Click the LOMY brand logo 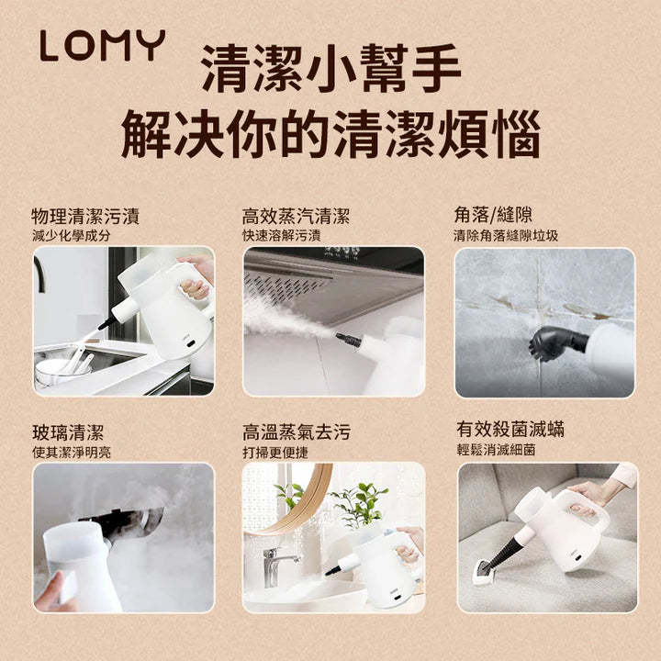click(102, 47)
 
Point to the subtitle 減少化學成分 click(71, 236)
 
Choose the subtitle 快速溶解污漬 click(281, 236)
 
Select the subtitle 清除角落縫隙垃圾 click(506, 236)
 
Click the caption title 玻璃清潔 click(68, 432)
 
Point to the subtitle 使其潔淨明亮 click(71, 453)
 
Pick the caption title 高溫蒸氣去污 click(296, 432)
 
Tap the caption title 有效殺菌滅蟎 click(510, 429)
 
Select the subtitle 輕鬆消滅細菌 click(495, 451)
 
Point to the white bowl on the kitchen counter click(54, 371)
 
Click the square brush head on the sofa click(483, 571)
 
